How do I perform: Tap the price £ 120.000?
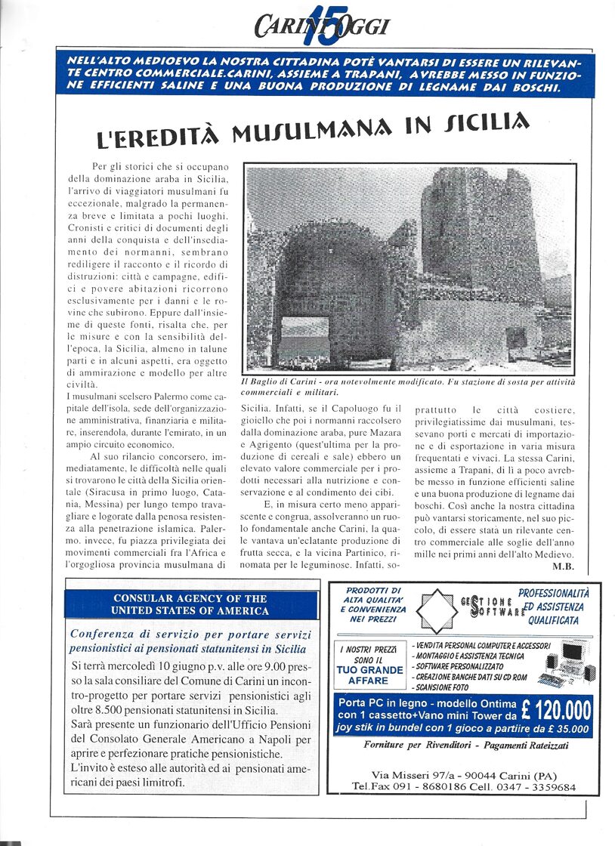(x=555, y=712)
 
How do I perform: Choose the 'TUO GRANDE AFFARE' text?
(x=369, y=675)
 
